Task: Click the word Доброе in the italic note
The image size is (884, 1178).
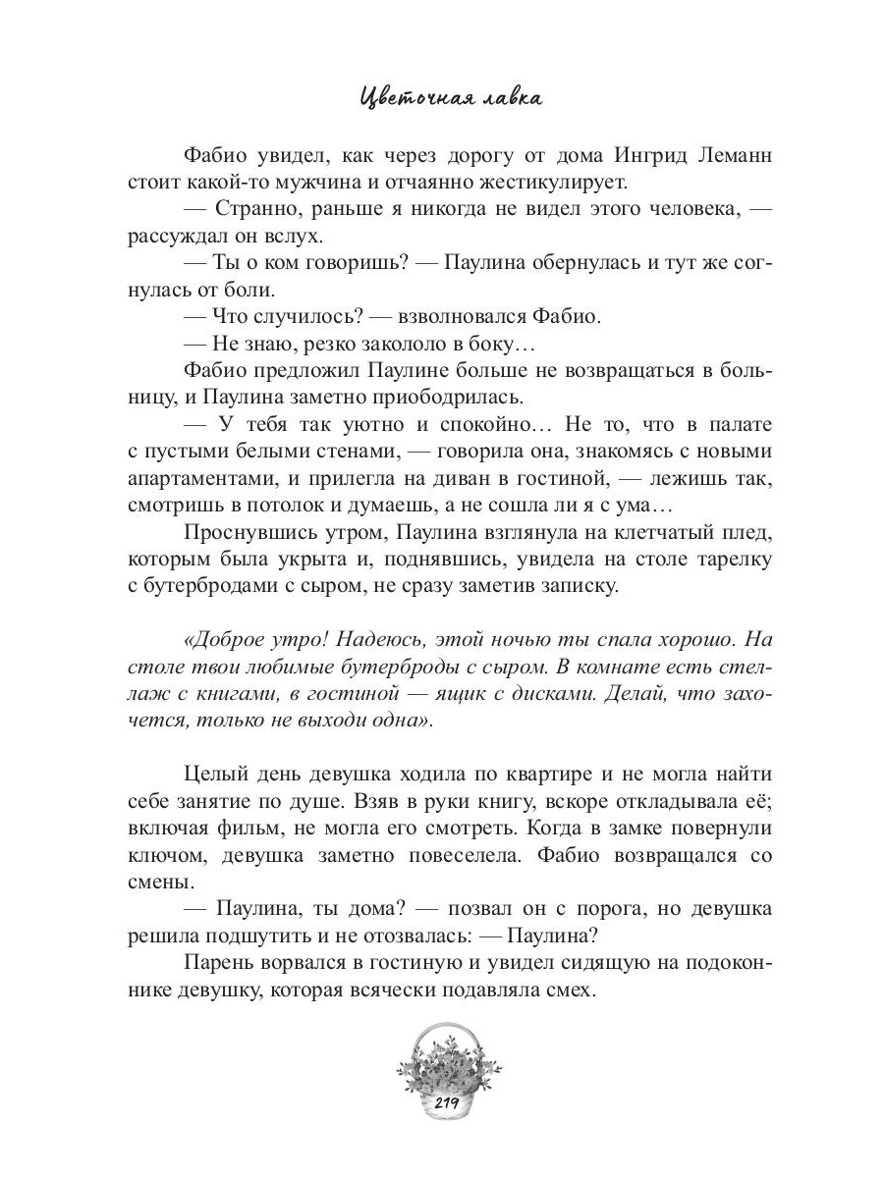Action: [x=226, y=640]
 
